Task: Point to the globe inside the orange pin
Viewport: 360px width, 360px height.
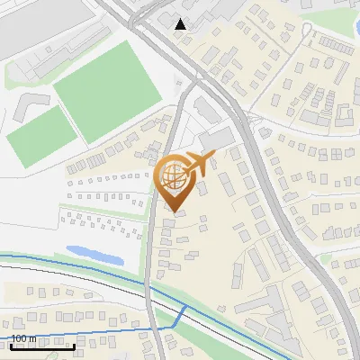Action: coord(175,176)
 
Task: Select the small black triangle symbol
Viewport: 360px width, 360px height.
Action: coord(181,24)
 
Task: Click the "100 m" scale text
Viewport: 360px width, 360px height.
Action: coord(23,338)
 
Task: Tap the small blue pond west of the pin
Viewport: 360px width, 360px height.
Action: coord(95,255)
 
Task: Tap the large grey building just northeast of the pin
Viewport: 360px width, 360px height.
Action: coord(216,139)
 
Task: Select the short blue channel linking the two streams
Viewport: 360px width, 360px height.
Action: coord(182,315)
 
